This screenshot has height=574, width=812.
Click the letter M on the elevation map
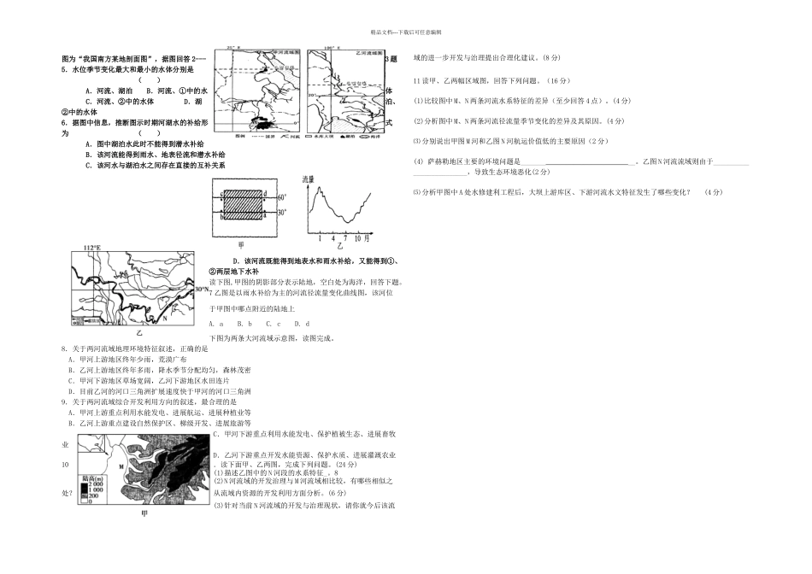121,467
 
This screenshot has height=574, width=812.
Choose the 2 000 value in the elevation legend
95,489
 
